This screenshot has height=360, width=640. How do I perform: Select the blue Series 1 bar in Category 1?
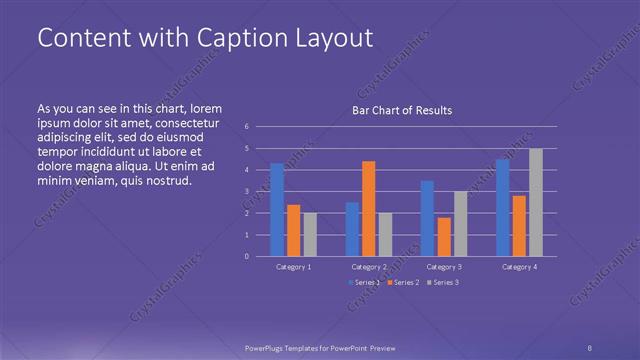pos(277,210)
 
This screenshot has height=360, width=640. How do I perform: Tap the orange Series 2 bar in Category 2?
pos(369,208)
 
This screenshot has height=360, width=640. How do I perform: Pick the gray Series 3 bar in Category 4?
pos(536,202)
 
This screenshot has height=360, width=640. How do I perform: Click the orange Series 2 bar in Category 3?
pos(444,237)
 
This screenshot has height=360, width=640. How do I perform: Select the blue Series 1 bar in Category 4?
pos(502,207)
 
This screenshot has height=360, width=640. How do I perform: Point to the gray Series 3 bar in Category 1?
pos(310,234)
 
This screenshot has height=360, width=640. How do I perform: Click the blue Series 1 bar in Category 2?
pos(352,229)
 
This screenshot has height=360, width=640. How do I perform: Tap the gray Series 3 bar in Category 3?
pos(461,223)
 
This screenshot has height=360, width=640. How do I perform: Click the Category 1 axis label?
pos(293,267)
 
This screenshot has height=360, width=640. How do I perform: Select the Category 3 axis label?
pos(444,267)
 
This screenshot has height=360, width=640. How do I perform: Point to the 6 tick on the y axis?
pos(246,127)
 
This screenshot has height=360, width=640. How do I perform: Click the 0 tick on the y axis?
pos(246,257)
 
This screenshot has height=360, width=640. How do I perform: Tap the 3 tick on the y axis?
pos(246,192)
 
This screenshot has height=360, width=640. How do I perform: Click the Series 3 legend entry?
pos(444,284)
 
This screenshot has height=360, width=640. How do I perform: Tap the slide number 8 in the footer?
pos(590,346)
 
